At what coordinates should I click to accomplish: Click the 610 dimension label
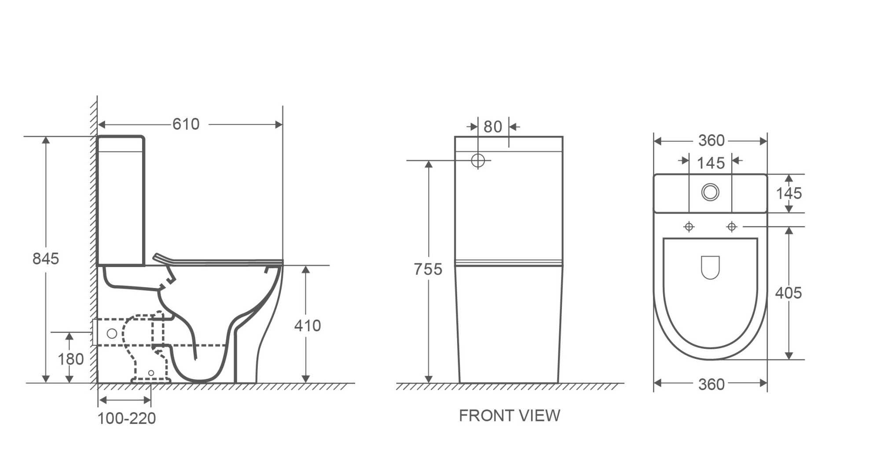click(x=186, y=124)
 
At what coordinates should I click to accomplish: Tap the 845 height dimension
click(x=45, y=259)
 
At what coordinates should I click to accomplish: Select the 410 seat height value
click(x=308, y=325)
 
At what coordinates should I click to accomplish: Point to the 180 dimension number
click(x=70, y=359)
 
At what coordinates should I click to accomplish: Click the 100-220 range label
click(x=127, y=418)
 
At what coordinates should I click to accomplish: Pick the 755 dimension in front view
click(x=428, y=269)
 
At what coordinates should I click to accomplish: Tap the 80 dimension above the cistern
click(x=493, y=127)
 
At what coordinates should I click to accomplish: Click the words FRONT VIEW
click(x=510, y=416)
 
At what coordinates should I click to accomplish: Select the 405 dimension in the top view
click(x=788, y=293)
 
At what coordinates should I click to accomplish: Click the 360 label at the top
click(x=711, y=140)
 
